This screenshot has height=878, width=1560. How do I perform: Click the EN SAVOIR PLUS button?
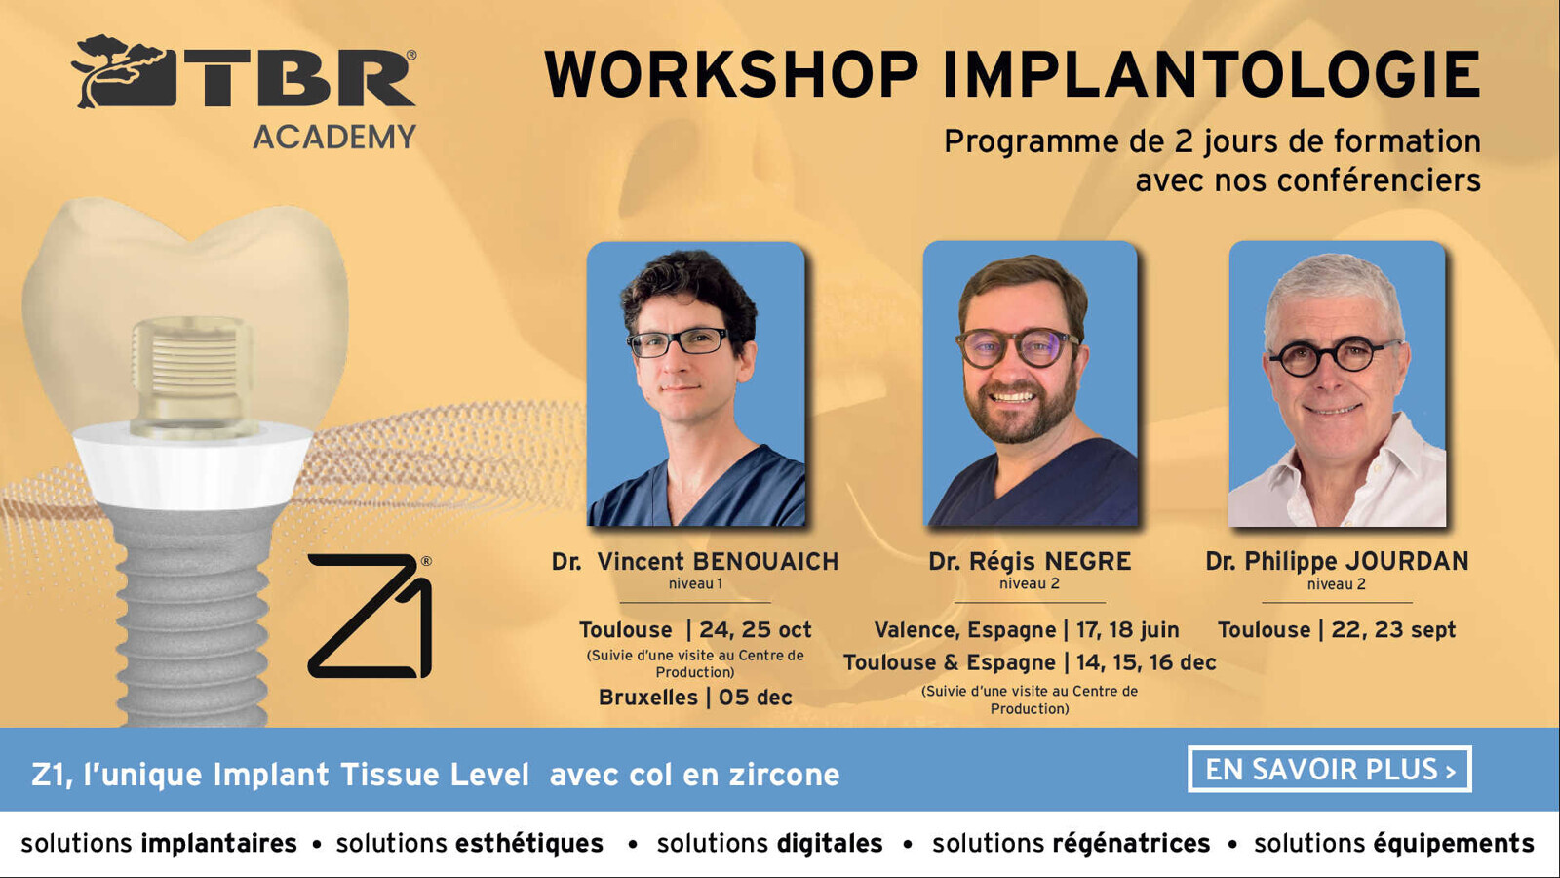click(1330, 770)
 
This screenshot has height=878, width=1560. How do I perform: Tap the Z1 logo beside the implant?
click(370, 616)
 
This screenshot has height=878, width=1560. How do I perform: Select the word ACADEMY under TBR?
click(334, 137)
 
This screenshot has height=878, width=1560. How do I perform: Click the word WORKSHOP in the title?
click(732, 74)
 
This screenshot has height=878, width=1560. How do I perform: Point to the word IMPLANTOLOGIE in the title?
click(1212, 74)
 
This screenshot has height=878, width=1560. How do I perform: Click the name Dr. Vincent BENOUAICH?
click(695, 562)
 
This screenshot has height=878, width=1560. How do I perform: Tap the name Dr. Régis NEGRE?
click(1030, 562)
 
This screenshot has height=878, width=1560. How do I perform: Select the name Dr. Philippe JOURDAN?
click(1337, 562)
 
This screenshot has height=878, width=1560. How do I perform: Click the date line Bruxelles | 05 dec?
click(695, 698)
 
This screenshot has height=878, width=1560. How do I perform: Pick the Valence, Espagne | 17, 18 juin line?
click(1027, 630)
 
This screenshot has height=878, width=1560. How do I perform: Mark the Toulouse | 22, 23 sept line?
click(1337, 630)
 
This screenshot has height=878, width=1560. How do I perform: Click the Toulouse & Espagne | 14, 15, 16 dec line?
click(1030, 662)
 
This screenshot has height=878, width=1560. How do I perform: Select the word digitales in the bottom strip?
click(830, 843)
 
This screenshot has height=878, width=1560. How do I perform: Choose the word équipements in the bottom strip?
click(1454, 843)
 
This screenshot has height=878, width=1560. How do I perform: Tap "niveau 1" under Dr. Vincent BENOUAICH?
click(695, 584)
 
